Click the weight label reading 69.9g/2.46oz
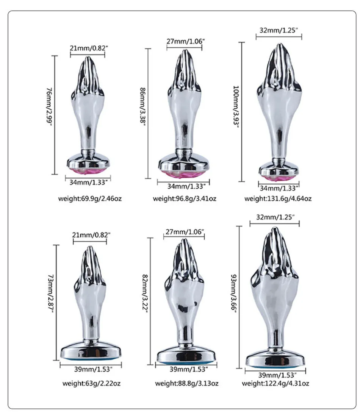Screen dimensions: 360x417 pos(88,198)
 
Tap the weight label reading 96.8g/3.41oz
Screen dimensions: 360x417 pos(185,198)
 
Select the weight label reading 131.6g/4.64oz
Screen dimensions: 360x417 pos(278,198)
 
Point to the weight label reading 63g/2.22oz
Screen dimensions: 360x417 pos(92,384)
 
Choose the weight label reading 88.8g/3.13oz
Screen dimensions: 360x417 pos(186,384)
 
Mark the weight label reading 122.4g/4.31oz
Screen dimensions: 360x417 pos(276,384)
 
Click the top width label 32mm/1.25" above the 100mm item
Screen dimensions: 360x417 pos(279,30)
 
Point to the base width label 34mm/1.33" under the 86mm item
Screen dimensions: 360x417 pos(183,186)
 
